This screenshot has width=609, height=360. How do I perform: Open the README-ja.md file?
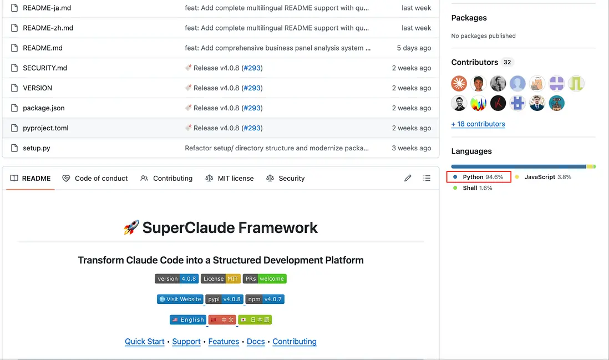pos(47,8)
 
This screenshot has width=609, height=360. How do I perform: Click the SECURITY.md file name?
pos(45,68)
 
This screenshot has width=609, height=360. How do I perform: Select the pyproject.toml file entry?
pos(45,128)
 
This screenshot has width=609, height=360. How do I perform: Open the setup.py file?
pos(37,148)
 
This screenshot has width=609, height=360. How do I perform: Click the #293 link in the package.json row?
pos(252,108)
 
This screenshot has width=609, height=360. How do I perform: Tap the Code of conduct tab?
pos(95,178)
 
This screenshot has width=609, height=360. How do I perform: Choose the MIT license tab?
pos(230,178)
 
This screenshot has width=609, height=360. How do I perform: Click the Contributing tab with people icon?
pos(166,178)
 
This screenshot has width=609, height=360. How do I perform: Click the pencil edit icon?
pos(408,178)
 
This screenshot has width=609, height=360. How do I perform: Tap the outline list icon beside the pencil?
pos(427,178)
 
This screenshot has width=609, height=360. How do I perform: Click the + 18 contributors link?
pos(478,124)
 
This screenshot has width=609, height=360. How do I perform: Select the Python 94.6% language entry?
pos(479,177)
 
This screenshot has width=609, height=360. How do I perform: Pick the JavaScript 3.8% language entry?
pos(544,177)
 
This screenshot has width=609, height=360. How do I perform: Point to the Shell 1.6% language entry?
pos(473,188)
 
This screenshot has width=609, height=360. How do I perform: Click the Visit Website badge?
pos(180,299)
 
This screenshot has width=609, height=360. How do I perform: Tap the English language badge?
pos(188,320)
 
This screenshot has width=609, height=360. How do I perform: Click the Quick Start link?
pos(144,341)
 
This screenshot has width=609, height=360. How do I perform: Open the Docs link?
pos(256,341)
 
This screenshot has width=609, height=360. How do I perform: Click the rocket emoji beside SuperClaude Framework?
pos(131,227)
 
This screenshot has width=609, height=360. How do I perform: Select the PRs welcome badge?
pos(265,278)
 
